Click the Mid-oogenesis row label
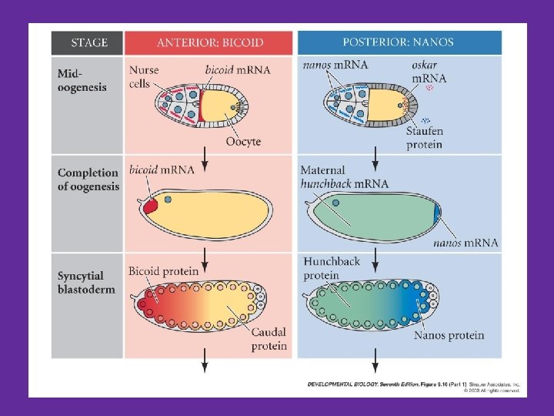(x=82, y=80)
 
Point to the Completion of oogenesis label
(x=88, y=179)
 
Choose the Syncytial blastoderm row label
(x=81, y=282)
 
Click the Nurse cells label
(x=143, y=76)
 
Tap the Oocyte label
(x=243, y=142)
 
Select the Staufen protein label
(x=424, y=138)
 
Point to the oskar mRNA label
(x=429, y=72)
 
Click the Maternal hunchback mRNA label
(x=343, y=177)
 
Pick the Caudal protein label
(x=269, y=339)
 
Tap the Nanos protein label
(x=449, y=335)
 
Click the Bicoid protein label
(x=163, y=271)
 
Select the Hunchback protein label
(x=332, y=269)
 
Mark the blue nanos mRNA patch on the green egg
(x=436, y=213)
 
